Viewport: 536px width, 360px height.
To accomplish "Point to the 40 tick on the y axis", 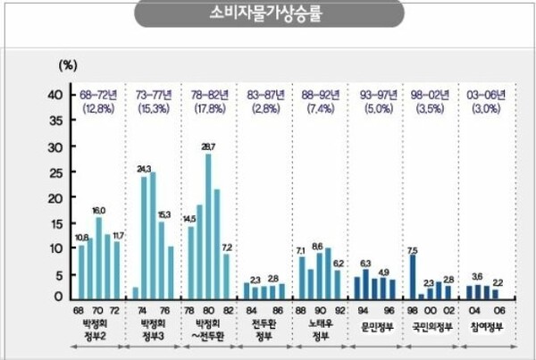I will tap(54, 94).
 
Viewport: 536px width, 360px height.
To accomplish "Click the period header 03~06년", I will tap(486, 94).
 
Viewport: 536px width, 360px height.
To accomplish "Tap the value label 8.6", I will tap(317, 245).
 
